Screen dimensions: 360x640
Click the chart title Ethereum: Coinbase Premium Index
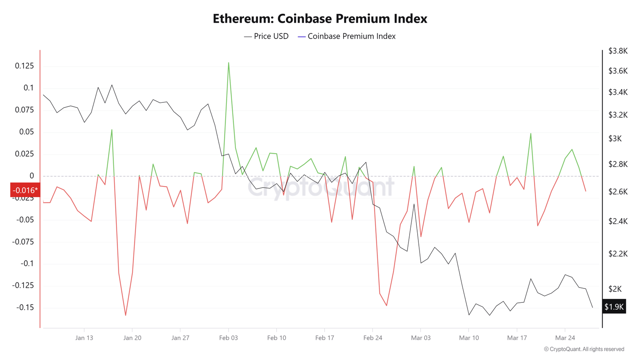[320, 18]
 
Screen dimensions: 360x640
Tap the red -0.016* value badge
[25, 190]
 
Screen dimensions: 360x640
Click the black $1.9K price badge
[614, 307]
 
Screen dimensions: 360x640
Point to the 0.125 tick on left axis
[24, 66]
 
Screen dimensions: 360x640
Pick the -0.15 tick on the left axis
[25, 308]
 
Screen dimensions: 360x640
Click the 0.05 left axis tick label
[27, 132]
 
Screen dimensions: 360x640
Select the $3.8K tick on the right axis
[618, 51]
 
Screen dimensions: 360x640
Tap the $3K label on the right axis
[615, 139]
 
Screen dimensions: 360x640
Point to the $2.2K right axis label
[618, 254]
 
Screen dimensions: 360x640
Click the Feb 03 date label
[228, 338]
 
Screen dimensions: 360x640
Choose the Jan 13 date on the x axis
[84, 338]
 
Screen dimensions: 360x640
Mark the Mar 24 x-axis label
[565, 338]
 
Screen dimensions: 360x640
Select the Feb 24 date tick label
[372, 338]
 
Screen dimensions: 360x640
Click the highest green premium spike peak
[228, 63]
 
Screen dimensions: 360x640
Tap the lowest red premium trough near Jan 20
[126, 315]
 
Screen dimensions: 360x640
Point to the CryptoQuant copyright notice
[584, 349]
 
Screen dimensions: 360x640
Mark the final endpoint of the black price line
[592, 307]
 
